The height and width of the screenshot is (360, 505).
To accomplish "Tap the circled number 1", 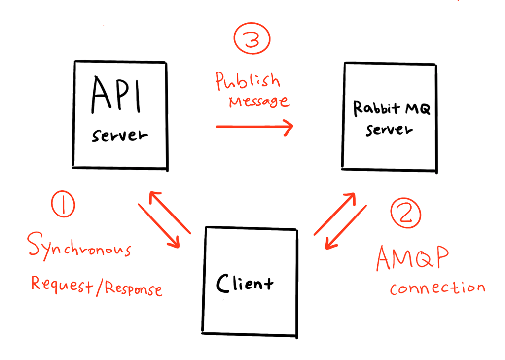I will click(63, 205).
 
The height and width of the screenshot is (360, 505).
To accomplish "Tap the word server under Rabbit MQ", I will click(389, 130).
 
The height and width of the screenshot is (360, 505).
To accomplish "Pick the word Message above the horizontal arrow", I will click(258, 101).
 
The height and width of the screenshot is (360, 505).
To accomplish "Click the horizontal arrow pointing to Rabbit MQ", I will click(254, 127).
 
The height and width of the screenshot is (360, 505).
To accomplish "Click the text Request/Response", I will click(97, 286).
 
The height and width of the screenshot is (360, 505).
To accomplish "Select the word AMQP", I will click(412, 258).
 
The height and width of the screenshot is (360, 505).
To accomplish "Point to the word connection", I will click(437, 287).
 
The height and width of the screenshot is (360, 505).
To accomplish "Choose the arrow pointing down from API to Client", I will click(159, 225).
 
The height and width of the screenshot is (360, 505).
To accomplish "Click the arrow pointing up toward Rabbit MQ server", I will click(335, 214).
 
